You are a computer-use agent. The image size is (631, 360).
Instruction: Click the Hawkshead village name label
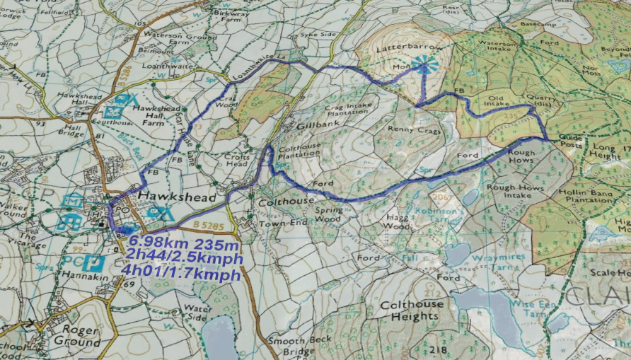click(x=177, y=197)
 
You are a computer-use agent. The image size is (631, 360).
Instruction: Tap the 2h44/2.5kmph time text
click(x=185, y=259)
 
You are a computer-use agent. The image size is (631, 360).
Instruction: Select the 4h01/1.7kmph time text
click(x=180, y=274)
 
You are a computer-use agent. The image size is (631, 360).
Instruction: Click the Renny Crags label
click(x=415, y=130)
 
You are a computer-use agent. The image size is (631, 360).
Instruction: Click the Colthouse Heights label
click(x=412, y=310)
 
